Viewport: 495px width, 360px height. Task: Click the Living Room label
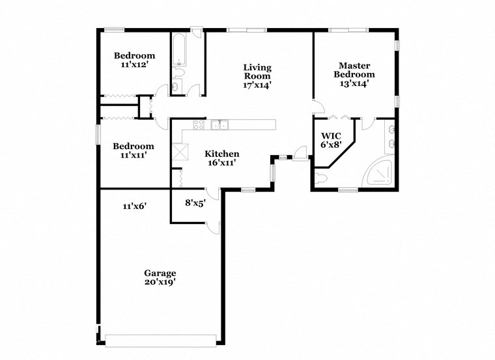[x=257, y=76]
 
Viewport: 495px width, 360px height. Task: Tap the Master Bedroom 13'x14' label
[x=354, y=70]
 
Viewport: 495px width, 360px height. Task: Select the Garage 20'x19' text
[x=160, y=277]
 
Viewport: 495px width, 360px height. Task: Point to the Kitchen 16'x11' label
[x=221, y=158]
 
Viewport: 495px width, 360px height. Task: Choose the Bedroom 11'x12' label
[x=134, y=60]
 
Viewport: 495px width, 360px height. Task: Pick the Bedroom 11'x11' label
[x=133, y=150]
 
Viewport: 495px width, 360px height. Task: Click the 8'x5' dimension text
[x=195, y=202]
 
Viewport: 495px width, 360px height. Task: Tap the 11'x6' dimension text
[x=134, y=206]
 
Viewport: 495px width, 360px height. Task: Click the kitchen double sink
[x=219, y=125]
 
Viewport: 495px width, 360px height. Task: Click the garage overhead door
[x=160, y=340]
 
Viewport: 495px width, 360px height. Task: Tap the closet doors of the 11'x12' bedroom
[x=119, y=96]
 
